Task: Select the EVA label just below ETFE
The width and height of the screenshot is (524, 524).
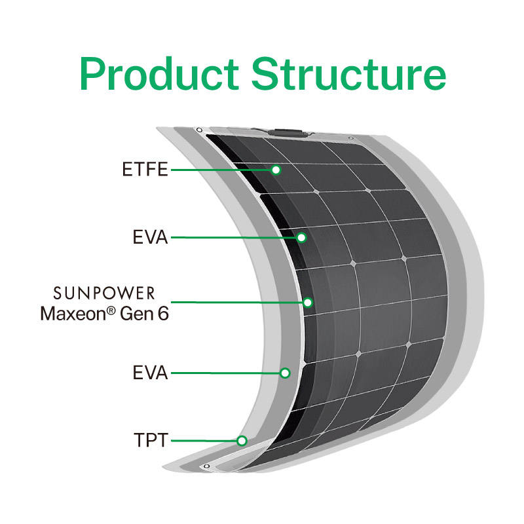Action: coord(151,237)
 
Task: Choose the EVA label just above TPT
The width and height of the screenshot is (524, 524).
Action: coord(151,373)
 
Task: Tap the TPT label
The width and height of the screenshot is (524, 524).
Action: coord(151,440)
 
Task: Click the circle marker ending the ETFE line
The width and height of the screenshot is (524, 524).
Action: coord(276,170)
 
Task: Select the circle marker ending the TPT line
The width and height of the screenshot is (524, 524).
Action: coord(242,440)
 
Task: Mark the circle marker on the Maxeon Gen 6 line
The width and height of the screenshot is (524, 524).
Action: coord(308,303)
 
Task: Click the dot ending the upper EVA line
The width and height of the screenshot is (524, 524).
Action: coord(301,237)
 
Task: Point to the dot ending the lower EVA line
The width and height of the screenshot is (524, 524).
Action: coord(285,373)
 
